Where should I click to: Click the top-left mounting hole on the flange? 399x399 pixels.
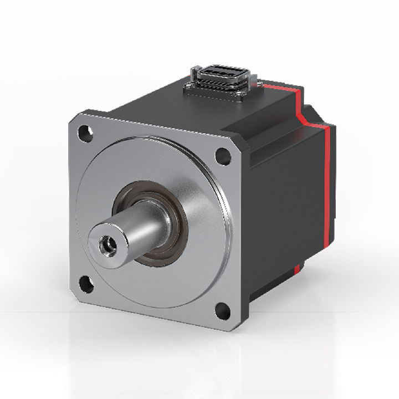pos(84,133)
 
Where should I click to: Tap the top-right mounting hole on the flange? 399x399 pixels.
pos(223,156)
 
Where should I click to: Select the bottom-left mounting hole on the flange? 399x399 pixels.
pos(86,284)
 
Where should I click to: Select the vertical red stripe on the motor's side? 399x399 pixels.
pos(332,183)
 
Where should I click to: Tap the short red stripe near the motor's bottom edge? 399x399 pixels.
pos(298,271)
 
